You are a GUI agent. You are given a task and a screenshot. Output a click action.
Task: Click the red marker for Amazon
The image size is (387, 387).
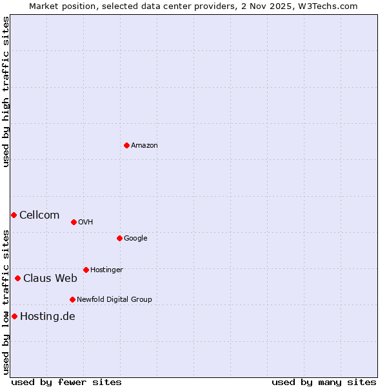[x=126, y=145]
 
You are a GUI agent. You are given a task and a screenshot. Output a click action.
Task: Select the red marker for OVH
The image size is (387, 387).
[x=74, y=222]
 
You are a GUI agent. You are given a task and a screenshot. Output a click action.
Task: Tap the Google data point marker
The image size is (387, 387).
[x=119, y=238]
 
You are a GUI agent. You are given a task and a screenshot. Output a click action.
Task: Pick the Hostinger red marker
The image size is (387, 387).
[x=86, y=270]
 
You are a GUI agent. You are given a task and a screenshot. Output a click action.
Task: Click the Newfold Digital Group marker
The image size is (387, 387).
[x=72, y=299]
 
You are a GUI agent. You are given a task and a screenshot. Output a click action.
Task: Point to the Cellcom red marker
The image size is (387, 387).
[x=14, y=215]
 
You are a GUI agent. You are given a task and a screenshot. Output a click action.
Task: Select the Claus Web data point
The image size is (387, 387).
[x=17, y=278]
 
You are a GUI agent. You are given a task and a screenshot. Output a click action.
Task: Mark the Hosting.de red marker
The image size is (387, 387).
[x=14, y=316]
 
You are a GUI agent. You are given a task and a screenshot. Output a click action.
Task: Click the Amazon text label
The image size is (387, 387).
[x=144, y=146]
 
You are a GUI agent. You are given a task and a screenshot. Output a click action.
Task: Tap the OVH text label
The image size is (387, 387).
[x=86, y=223]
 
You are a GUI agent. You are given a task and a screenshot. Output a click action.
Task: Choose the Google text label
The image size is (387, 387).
[x=135, y=239]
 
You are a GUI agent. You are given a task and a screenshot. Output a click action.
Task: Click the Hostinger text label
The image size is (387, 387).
[x=106, y=270]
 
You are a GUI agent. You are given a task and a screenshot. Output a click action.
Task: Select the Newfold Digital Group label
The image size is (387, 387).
[x=114, y=300]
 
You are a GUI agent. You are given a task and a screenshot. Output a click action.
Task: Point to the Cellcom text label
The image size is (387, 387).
[x=39, y=215]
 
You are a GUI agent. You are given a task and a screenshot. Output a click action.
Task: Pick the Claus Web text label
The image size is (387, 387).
[x=50, y=279]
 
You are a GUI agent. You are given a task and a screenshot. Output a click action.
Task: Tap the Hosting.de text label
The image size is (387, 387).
[x=48, y=317]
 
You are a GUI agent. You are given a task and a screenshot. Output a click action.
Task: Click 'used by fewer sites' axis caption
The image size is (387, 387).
[x=66, y=382]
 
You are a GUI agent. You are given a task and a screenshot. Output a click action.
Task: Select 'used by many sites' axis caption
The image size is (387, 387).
[x=324, y=382]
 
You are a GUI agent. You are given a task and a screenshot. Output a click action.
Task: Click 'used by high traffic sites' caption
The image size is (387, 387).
[x=6, y=92]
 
